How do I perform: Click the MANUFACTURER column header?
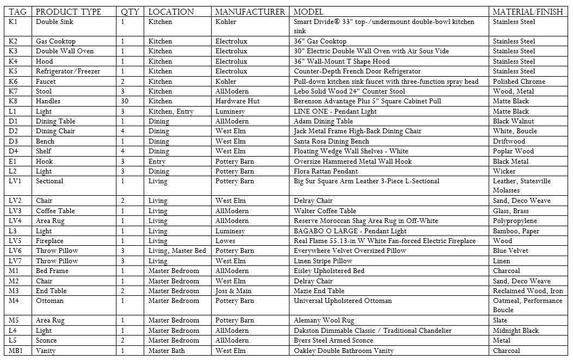coord(250,12)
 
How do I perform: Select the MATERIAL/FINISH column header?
coord(527,12)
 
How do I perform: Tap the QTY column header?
coord(130,12)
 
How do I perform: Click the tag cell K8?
coord(14,101)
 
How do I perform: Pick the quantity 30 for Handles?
coord(125,101)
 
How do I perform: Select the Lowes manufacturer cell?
coord(225,241)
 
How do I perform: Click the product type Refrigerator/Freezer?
coord(63,71)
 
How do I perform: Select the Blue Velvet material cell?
coord(510,251)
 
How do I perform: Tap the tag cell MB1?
coord(16,351)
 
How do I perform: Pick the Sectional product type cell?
coord(50,181)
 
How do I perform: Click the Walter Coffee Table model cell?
coord(325,211)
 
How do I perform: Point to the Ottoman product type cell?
coord(50,301)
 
